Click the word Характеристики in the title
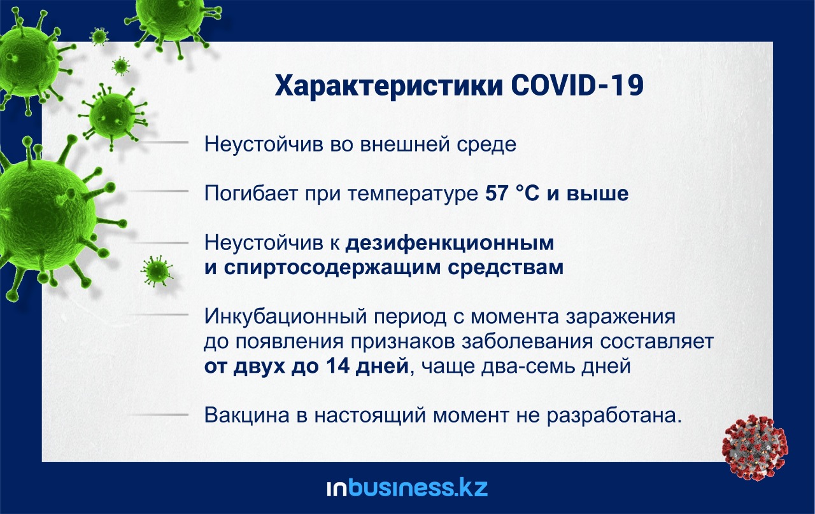click(x=388, y=87)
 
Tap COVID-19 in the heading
click(x=578, y=85)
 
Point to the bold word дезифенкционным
click(x=450, y=243)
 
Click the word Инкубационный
click(x=286, y=317)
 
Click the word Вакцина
click(x=247, y=415)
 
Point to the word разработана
click(x=614, y=415)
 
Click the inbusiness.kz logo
click(x=407, y=487)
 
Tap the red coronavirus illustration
click(x=755, y=447)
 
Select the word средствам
click(x=506, y=268)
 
